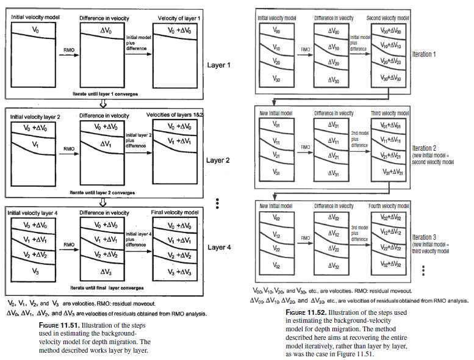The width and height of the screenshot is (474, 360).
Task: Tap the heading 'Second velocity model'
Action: click(x=387, y=18)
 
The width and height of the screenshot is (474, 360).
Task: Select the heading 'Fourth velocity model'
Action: click(x=387, y=206)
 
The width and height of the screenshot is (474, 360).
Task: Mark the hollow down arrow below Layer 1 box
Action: click(x=103, y=103)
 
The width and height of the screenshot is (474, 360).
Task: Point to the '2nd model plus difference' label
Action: click(x=357, y=139)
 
